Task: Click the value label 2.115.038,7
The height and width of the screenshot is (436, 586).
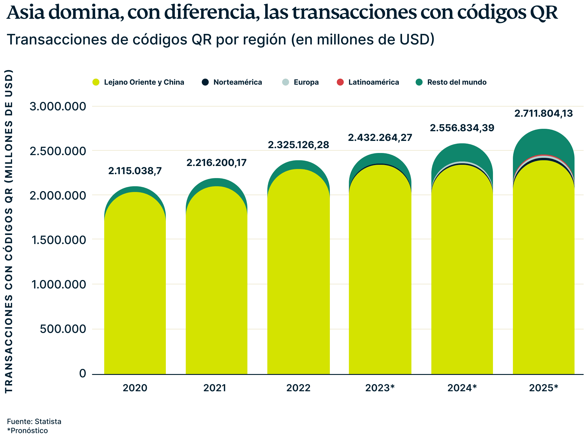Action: (135, 171)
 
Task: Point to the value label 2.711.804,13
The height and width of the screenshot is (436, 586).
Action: (543, 113)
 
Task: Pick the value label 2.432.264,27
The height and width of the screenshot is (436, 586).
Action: (380, 138)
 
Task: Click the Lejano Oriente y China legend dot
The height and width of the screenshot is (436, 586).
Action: (96, 82)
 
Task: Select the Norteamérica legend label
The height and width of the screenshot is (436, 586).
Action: (238, 82)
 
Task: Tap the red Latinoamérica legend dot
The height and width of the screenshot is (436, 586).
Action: (340, 82)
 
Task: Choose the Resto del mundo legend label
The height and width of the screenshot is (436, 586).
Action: (457, 82)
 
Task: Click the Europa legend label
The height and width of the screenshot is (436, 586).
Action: (306, 82)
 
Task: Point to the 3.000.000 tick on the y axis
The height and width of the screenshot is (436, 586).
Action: (58, 106)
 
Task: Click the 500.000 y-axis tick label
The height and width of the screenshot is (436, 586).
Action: (63, 329)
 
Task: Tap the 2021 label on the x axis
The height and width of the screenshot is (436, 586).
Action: (215, 388)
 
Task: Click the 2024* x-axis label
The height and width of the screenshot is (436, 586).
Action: (462, 388)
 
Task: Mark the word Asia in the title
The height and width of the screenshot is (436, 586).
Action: (26, 13)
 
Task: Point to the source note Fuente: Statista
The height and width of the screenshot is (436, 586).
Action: (34, 421)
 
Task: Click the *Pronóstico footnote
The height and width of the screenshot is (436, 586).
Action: (27, 431)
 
